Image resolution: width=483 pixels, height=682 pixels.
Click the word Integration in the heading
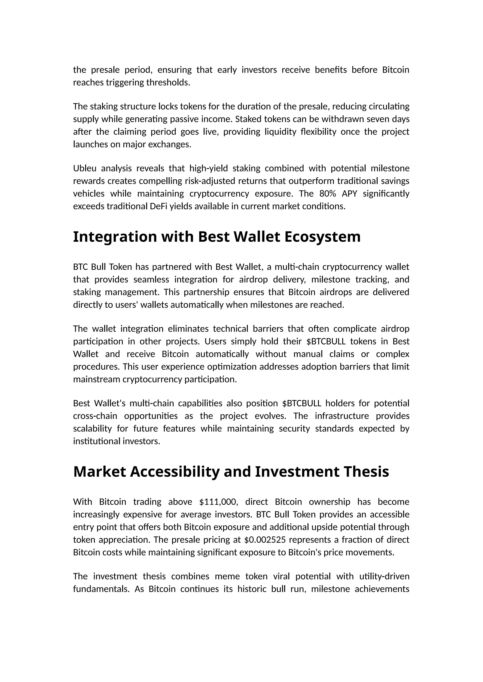[115, 237]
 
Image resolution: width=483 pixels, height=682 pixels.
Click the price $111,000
[219, 502]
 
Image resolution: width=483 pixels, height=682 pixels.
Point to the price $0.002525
[266, 540]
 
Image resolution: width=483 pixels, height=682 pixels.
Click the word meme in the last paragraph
[227, 576]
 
